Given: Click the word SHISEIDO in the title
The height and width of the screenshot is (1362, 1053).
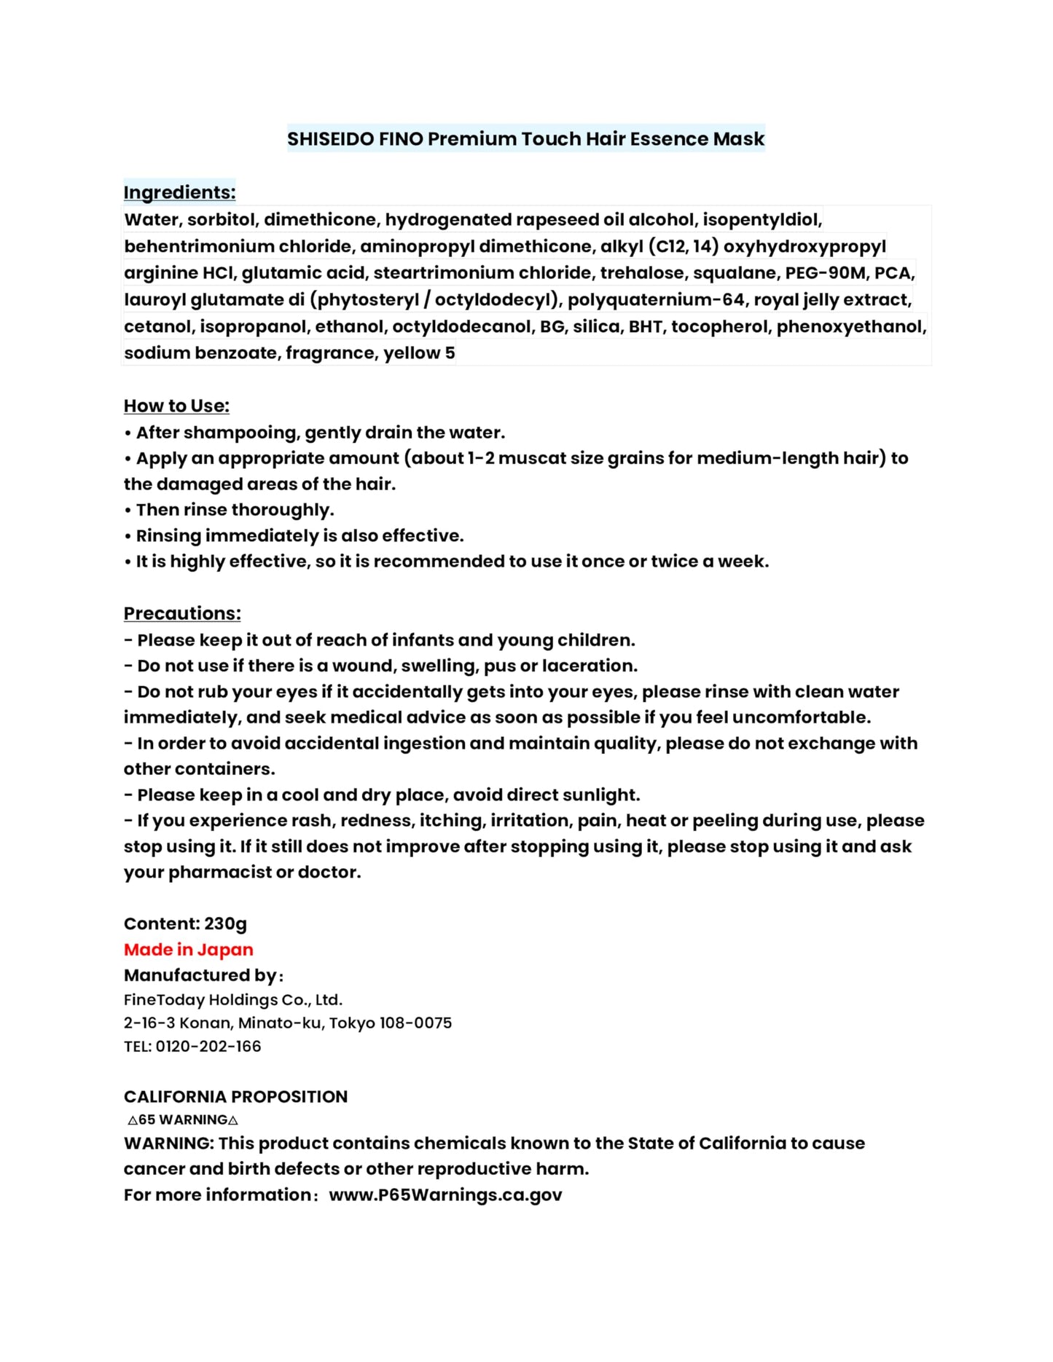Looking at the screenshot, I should point(330,138).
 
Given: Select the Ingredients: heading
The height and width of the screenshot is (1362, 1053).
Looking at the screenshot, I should point(179,192).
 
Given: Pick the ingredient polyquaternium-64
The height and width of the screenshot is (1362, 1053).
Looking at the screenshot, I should point(657,300).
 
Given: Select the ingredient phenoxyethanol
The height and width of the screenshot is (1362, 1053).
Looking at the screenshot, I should point(850,326).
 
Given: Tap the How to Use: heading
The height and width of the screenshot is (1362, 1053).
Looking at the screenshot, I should point(176,406).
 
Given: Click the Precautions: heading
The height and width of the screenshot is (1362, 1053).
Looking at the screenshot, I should point(182,613).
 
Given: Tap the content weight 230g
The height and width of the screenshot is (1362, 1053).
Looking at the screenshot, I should point(225,924).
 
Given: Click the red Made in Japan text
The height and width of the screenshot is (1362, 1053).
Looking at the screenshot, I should point(189,950).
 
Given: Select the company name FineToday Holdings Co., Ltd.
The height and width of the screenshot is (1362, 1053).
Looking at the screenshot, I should point(233,1000).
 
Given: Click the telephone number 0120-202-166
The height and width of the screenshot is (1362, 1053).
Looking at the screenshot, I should point(208,1046).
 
